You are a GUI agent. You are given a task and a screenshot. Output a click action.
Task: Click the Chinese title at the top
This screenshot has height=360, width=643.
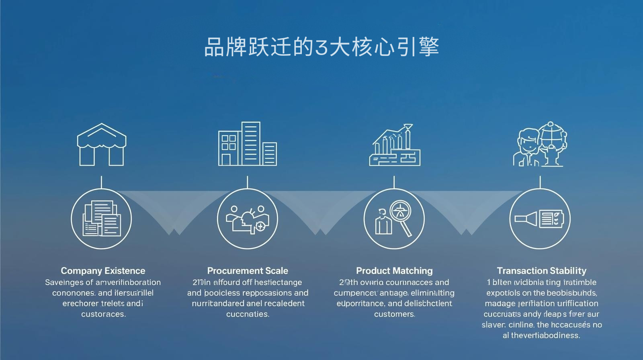[x=321, y=47]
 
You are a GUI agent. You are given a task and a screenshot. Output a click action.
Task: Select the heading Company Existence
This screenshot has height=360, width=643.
[x=103, y=271]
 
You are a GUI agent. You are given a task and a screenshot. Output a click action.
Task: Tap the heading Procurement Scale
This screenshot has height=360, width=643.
[x=248, y=271]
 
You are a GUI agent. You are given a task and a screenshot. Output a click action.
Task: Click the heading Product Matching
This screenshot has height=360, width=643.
[x=394, y=271]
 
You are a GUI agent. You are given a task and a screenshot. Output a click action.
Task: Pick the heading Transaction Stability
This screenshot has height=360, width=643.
[x=541, y=271]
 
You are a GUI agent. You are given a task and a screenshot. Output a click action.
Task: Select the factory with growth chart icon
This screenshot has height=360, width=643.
[x=395, y=145]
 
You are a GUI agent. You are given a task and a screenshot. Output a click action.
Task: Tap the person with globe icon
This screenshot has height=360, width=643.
[x=541, y=144]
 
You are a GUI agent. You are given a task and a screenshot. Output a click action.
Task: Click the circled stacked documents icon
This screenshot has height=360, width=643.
[x=101, y=219]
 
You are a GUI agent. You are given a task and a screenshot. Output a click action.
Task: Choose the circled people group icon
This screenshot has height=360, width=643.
[x=248, y=219]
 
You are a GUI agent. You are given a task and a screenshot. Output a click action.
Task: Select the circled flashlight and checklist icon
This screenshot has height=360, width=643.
[x=540, y=219]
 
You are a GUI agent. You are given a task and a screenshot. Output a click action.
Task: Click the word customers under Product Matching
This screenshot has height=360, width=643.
[x=394, y=314]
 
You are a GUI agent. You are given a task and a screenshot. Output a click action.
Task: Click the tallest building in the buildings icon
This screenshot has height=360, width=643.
[x=251, y=143]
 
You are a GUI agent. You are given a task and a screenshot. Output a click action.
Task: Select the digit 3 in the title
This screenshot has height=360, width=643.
[x=321, y=47]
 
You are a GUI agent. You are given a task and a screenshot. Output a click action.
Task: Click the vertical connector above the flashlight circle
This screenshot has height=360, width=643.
[x=540, y=182]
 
